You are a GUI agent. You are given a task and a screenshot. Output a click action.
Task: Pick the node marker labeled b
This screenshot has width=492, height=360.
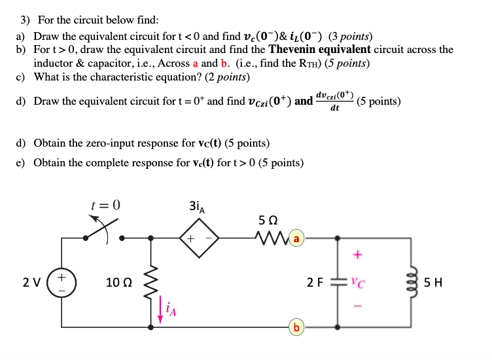(297, 327)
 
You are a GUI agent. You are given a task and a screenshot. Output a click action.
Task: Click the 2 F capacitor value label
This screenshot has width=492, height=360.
(315, 283)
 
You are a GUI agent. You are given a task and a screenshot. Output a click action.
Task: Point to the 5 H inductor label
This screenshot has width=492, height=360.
(433, 283)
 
